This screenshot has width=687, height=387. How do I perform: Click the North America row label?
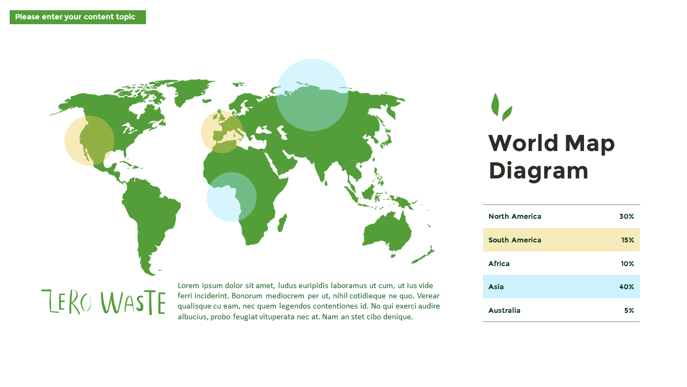coord(515,217)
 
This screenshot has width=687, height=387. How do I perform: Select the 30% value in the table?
coord(626,217)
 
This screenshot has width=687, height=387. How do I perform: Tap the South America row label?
coord(515,240)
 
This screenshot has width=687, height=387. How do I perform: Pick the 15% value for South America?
coord(627,240)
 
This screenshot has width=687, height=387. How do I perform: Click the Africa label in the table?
coord(499,264)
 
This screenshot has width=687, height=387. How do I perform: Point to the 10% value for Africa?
coord(627,264)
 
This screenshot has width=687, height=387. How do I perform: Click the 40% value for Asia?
coord(626,287)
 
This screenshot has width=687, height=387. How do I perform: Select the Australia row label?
coord(505,311)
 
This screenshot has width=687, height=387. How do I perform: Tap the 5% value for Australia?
coord(629,311)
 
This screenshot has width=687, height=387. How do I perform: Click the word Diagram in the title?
coord(538,171)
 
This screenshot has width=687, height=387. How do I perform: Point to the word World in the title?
coord(516,144)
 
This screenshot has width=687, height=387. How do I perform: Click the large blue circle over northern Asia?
coord(312,95)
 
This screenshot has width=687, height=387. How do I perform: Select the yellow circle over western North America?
coord(89,140)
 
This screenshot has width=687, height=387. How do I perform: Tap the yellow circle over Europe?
coord(222,132)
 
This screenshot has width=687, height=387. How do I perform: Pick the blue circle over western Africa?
coord(231,197)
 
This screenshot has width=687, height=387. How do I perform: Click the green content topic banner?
coord(78,17)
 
